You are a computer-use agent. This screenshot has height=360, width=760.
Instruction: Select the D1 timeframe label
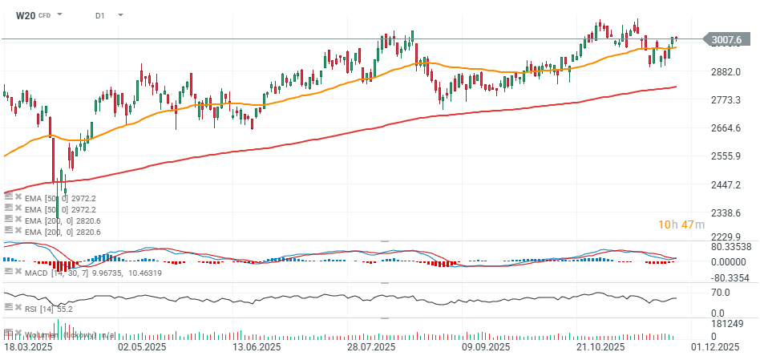pos(99,15)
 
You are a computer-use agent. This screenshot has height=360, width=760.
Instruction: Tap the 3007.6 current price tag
pos(726,38)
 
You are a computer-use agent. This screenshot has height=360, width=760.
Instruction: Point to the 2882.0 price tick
pos(724,71)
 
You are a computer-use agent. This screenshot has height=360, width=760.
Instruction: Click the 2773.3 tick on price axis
pos(724,100)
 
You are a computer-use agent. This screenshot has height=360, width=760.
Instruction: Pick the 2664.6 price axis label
pos(724,128)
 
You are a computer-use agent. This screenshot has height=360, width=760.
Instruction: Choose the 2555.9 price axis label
pos(724,156)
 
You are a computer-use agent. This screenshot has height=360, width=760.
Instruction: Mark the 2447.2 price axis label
pos(724,184)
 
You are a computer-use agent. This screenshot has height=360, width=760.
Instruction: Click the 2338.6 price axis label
pos(724,213)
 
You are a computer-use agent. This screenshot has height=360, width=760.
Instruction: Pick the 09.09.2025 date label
pos(487,347)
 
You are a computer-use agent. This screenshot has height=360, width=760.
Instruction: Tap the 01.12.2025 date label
pos(716,347)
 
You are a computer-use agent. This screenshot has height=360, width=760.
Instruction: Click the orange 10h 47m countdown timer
pos(681,224)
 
